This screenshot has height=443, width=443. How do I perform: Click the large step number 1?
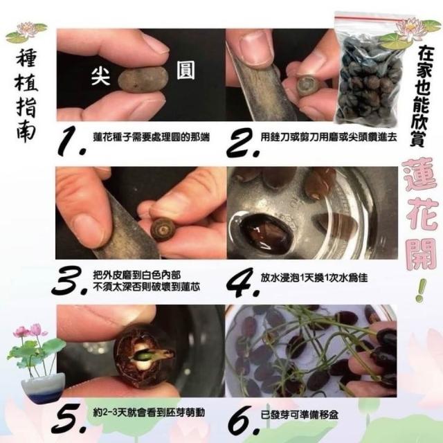pos(71,141)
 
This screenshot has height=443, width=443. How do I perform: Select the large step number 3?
pos(69,280)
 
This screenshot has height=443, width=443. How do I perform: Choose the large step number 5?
pos(69,418)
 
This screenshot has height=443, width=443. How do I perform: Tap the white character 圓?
pos(186,70)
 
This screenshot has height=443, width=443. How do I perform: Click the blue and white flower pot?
pos(42,388)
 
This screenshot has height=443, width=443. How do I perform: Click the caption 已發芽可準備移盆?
pos(299,415)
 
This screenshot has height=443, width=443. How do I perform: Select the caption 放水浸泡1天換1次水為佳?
pos(314,278)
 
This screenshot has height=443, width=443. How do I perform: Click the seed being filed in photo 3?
pos(163,230)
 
